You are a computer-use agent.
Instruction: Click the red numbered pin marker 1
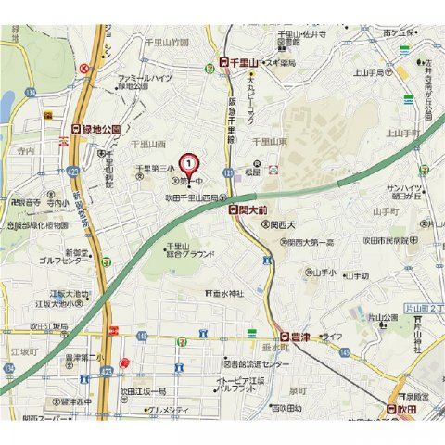[x=190, y=163]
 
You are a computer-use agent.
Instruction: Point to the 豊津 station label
[x=295, y=338]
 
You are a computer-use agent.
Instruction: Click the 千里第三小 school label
[x=155, y=169]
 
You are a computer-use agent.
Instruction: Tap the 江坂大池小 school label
[x=62, y=303]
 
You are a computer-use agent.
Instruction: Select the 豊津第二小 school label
[x=84, y=358]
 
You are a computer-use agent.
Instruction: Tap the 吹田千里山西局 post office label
[x=196, y=197]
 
